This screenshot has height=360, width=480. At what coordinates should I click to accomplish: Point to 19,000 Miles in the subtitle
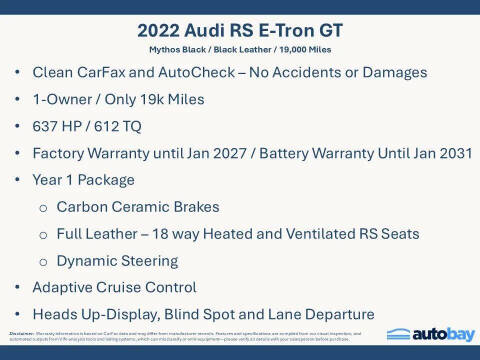(314, 49)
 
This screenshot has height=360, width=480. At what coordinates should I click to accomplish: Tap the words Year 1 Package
(84, 180)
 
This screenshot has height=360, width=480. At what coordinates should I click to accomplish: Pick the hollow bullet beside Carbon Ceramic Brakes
(43, 208)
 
